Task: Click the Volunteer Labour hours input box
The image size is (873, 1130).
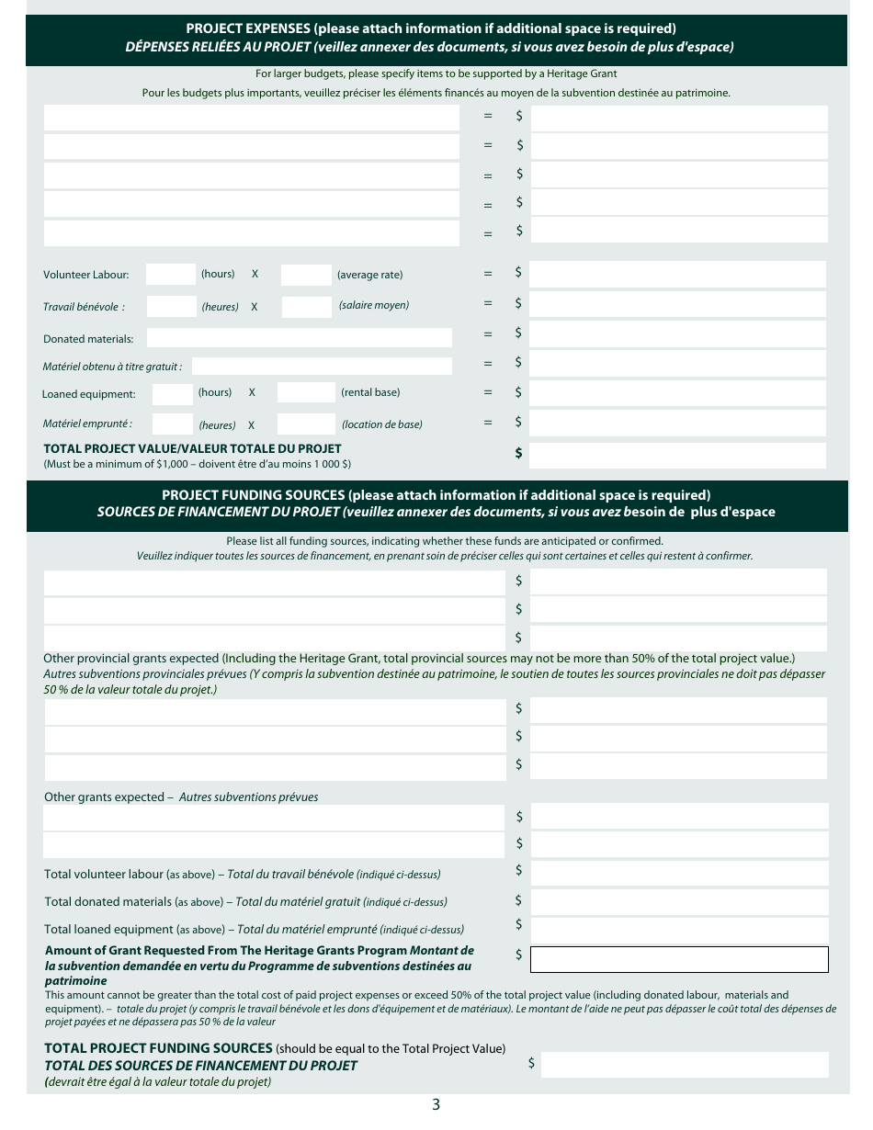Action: tap(170, 275)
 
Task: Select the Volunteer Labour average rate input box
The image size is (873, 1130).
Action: tap(305, 275)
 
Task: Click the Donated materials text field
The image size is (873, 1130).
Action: tap(299, 338)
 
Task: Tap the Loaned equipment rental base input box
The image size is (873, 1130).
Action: tap(305, 393)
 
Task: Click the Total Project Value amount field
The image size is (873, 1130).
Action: tap(678, 455)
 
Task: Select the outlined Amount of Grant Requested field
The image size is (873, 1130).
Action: tap(679, 959)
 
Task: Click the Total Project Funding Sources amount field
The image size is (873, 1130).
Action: tap(685, 1065)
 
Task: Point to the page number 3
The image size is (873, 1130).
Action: tap(436, 1104)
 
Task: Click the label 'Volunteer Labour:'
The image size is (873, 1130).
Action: tap(86, 275)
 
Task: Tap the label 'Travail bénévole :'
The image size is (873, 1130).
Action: tap(84, 307)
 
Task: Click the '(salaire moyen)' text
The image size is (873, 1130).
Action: tap(374, 305)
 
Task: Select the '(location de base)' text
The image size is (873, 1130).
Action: tap(382, 424)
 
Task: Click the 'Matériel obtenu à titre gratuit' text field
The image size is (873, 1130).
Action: tap(322, 367)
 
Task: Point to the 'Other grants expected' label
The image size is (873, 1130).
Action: tap(105, 797)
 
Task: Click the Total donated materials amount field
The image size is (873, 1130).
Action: tap(679, 901)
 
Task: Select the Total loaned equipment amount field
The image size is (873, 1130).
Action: tap(679, 929)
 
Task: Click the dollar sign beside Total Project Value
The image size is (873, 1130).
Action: tap(519, 453)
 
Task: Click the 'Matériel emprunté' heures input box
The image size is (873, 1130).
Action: tap(172, 424)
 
